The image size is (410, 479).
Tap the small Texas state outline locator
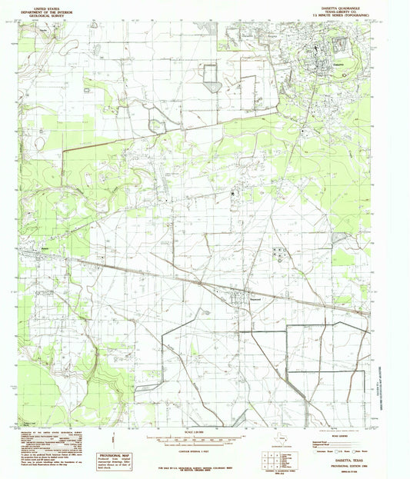pos(283,440)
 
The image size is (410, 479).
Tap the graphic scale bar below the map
pos(202,441)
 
